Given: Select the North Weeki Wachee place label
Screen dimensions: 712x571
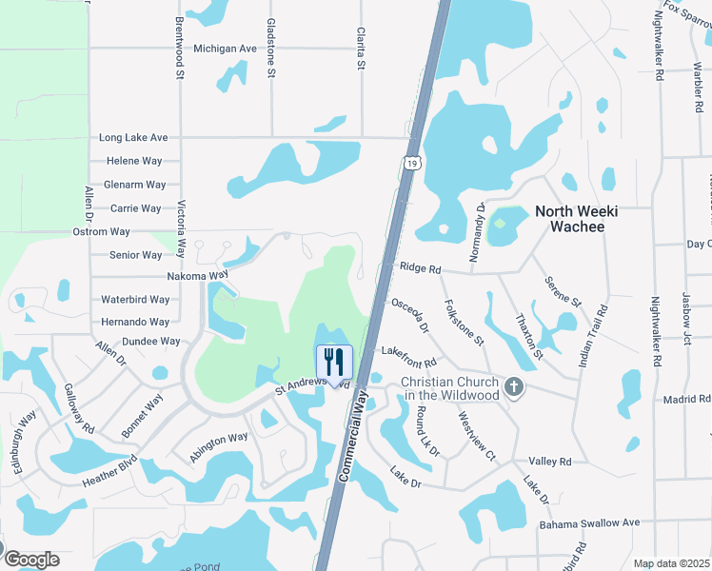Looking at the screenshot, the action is pyautogui.click(x=577, y=219).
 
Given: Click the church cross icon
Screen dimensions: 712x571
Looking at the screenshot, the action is pyautogui.click(x=514, y=386).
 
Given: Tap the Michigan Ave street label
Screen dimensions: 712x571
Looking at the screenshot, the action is pyautogui.click(x=225, y=49).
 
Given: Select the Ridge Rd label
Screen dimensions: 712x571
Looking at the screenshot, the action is pyautogui.click(x=420, y=269).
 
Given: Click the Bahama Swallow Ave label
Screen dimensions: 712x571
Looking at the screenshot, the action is pyautogui.click(x=590, y=523).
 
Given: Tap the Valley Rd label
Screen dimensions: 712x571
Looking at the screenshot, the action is pyautogui.click(x=550, y=462).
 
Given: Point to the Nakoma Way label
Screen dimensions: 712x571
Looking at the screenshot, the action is pyautogui.click(x=198, y=275).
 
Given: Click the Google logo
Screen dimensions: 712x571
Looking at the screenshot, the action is pyautogui.click(x=30, y=559).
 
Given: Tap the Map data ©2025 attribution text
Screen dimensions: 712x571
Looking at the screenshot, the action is pyautogui.click(x=671, y=563).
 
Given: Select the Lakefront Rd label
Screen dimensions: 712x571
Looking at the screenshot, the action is pyautogui.click(x=408, y=358).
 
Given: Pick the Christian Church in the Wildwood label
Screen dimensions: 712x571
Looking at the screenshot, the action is pyautogui.click(x=449, y=388).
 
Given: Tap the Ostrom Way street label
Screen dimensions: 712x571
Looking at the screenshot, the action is pyautogui.click(x=101, y=232).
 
